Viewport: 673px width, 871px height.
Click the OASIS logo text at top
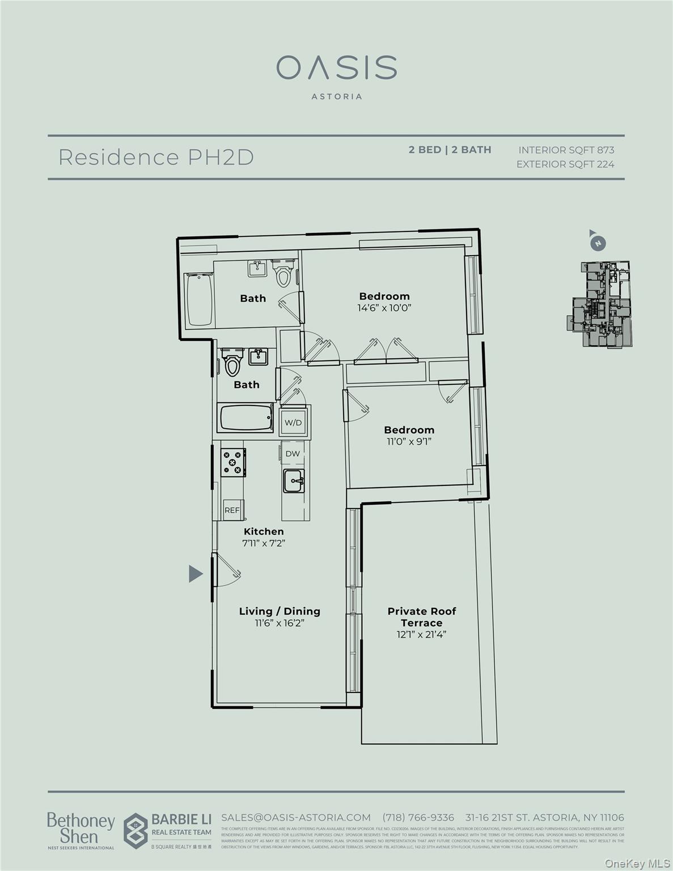point(336,67)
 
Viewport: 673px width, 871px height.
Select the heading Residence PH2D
point(156,157)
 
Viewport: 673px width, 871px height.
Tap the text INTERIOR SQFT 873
point(566,150)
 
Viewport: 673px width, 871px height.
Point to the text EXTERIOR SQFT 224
point(565,164)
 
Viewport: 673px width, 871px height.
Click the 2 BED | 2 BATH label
point(450,150)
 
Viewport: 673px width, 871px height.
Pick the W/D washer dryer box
point(293,422)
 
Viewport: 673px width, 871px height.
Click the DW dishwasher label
point(293,454)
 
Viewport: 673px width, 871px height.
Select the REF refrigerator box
point(232,510)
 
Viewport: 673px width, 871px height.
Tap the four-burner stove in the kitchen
point(233,462)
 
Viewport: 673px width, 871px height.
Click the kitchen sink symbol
point(294,481)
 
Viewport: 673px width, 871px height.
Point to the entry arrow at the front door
point(196,574)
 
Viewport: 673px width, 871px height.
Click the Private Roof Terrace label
point(421,617)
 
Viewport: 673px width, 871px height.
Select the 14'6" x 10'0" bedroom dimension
point(384,308)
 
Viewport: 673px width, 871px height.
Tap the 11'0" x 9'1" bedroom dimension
point(409,441)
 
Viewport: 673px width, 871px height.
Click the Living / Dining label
point(280,611)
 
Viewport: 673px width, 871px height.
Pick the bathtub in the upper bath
point(199,299)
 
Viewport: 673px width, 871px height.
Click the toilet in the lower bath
point(232,363)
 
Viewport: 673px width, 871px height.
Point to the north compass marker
point(597,243)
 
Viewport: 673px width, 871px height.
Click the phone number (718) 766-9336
point(418,817)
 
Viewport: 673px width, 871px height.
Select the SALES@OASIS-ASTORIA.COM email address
point(295,817)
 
